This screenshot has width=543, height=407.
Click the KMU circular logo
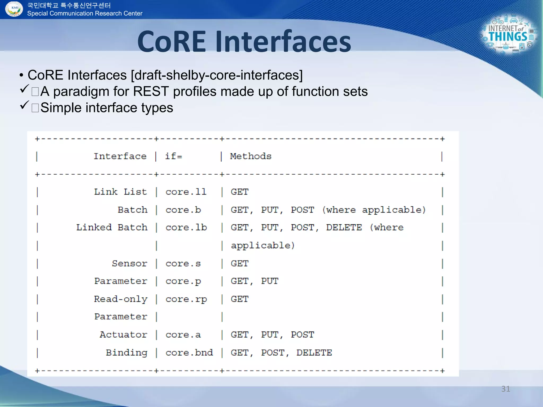click(14, 9)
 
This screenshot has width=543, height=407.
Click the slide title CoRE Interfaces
click(244, 42)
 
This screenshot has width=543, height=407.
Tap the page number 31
click(505, 389)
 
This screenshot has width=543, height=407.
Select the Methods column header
click(251, 156)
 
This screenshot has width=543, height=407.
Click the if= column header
click(174, 156)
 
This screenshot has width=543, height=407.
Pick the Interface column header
click(120, 156)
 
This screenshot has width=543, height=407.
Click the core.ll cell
click(186, 192)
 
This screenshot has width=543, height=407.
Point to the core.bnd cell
click(189, 353)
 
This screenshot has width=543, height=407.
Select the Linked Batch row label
click(112, 227)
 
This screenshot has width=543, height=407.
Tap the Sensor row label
click(129, 263)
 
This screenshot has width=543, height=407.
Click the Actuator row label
click(123, 335)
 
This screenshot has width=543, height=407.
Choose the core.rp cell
click(186, 299)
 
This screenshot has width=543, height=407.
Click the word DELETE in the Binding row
click(314, 353)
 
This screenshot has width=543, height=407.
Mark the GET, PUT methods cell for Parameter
click(254, 281)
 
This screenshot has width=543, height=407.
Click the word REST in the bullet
click(151, 91)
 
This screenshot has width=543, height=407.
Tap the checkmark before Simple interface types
click(24, 105)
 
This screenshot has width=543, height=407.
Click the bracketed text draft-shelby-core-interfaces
click(217, 75)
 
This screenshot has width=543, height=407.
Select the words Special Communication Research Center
click(85, 14)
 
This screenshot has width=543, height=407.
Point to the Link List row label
click(120, 192)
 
